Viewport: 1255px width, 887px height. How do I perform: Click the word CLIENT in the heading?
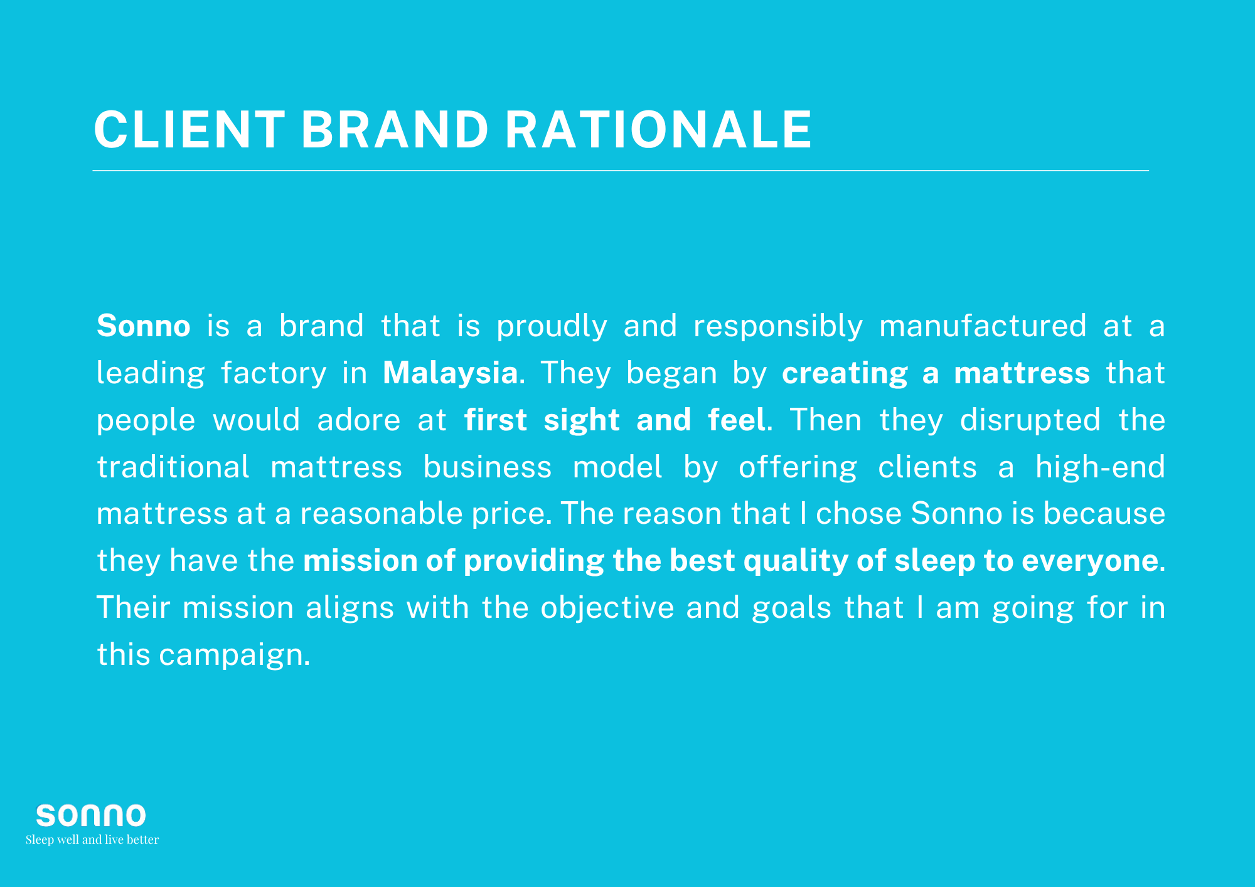190,130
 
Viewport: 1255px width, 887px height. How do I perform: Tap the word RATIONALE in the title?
658,130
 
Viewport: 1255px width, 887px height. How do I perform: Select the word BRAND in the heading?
395,130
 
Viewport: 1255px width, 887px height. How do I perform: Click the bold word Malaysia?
451,373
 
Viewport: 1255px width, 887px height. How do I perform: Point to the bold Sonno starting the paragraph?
144,326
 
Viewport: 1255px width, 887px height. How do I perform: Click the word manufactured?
983,326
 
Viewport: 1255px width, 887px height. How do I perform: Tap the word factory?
274,374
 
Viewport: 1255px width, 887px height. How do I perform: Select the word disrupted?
1030,421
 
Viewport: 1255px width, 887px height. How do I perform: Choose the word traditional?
173,467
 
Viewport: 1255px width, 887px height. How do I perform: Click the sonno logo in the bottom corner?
91,815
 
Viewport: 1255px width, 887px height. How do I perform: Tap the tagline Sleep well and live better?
92,839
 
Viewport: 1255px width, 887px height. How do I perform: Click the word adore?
359,420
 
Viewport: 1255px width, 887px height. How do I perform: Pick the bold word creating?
845,374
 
